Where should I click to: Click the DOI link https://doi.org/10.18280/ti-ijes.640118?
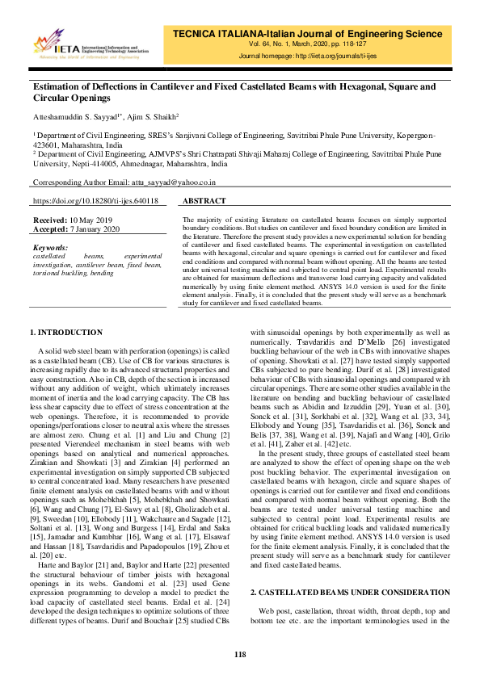(95, 200)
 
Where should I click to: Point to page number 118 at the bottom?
(240, 654)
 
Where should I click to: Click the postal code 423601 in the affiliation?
(46, 147)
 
